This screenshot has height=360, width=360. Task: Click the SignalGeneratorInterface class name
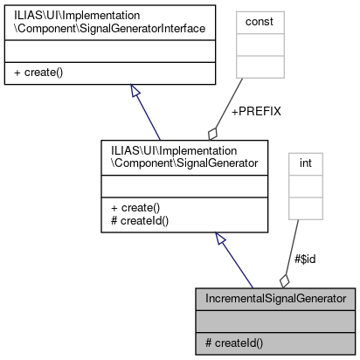[109, 23]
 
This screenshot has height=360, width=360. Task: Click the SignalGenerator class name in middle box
[158, 156]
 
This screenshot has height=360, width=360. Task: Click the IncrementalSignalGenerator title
[275, 299]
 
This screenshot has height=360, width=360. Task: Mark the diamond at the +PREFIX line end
[211, 133]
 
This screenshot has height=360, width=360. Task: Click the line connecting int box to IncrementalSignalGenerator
[294, 245]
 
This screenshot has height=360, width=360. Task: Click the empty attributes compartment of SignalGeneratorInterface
[109, 52]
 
